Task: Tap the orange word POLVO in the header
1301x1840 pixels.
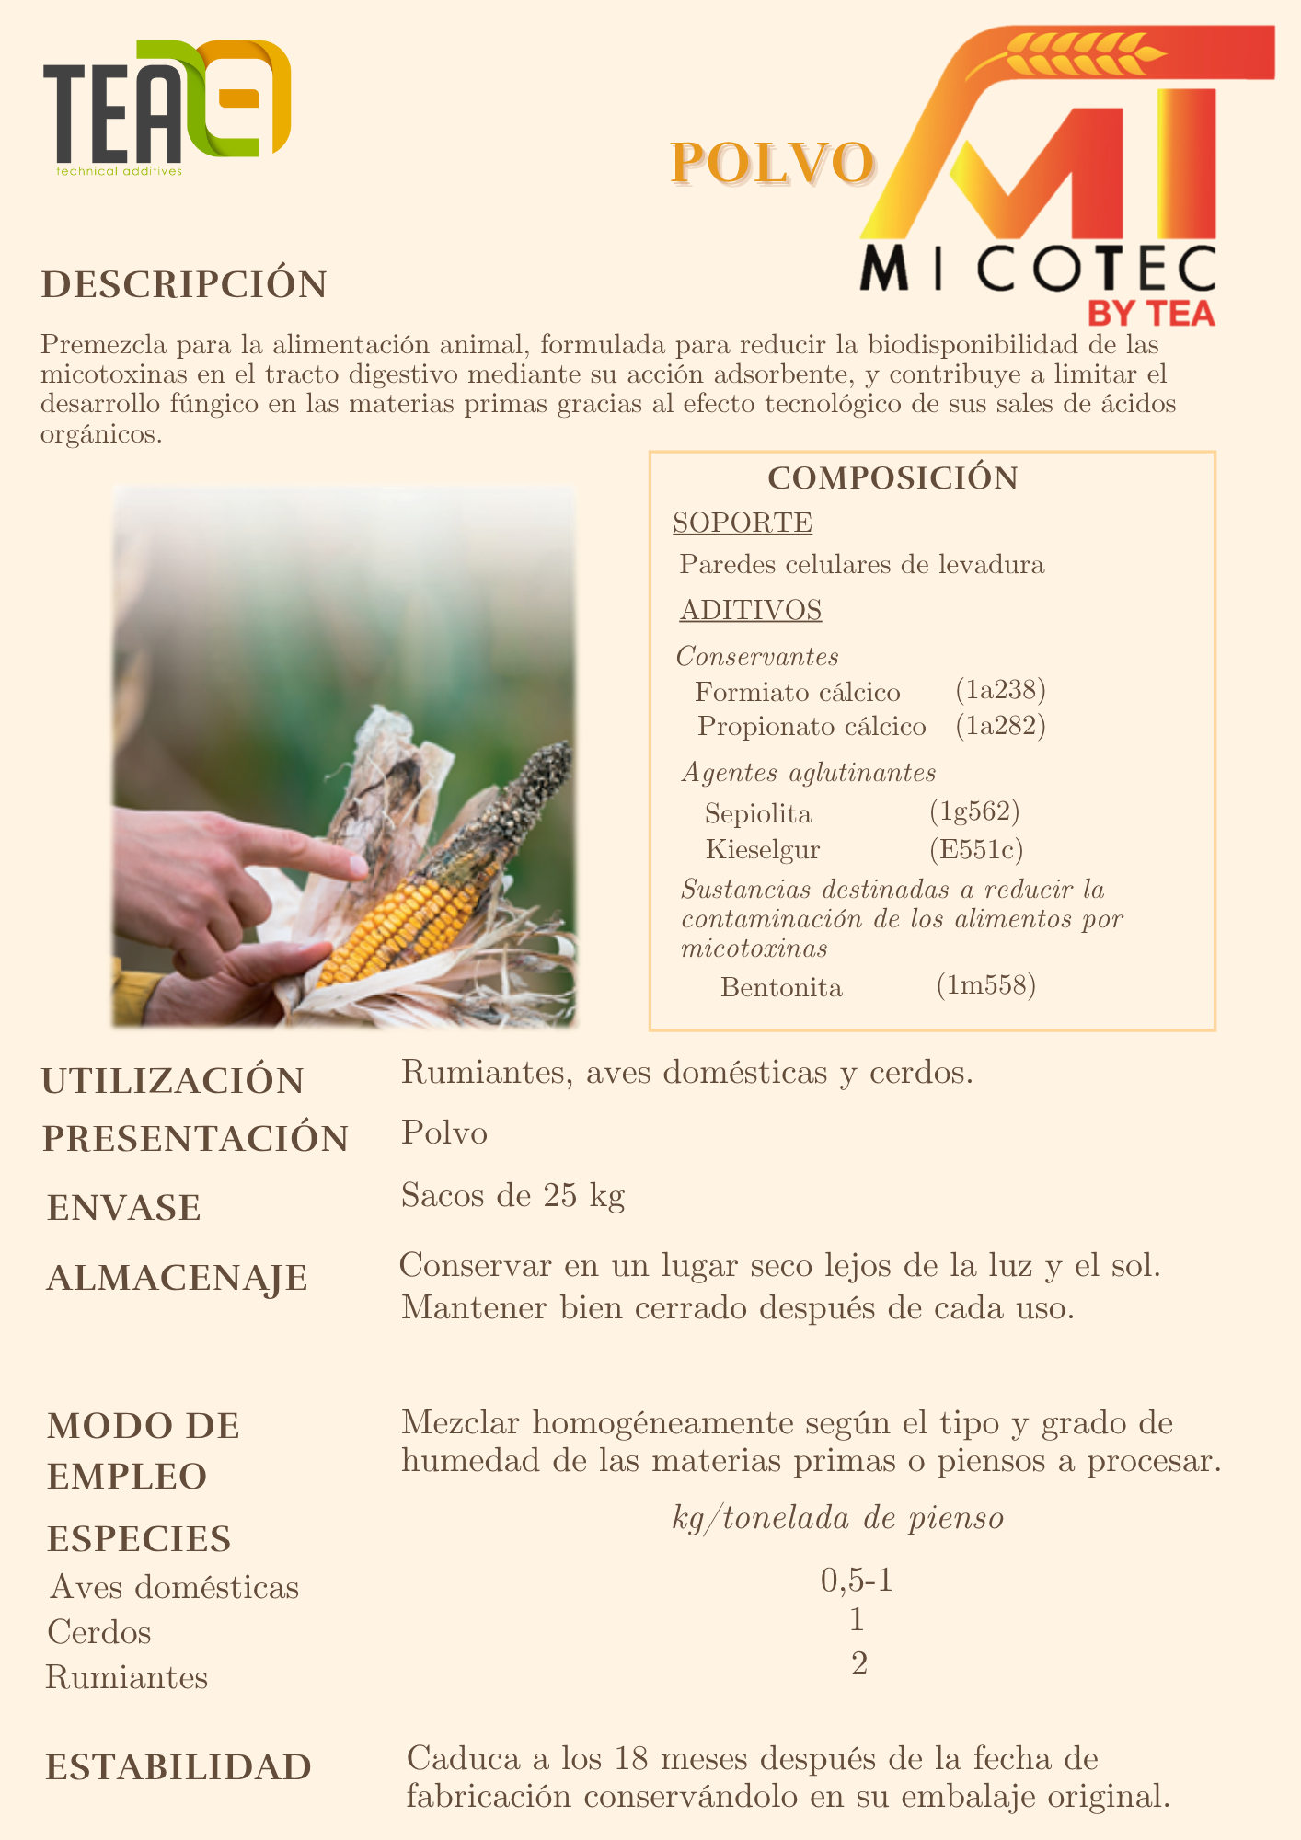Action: click(x=771, y=163)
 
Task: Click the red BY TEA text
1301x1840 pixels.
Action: click(x=1151, y=314)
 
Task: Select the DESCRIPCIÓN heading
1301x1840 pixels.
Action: click(x=184, y=284)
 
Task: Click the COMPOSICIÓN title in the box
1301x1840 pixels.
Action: click(x=892, y=478)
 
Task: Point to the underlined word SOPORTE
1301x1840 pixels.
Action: click(x=743, y=523)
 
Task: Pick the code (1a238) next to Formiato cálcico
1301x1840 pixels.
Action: click(x=1000, y=690)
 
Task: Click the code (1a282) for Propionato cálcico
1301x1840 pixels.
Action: click(x=1000, y=726)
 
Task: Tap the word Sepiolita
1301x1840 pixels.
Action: click(x=758, y=814)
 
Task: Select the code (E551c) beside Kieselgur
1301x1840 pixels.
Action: click(x=976, y=849)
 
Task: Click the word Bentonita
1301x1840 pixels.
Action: click(x=781, y=988)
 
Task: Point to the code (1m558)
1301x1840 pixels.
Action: click(x=986, y=986)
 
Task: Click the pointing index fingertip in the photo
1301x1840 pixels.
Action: click(x=356, y=865)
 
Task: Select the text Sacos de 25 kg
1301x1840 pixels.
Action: click(x=512, y=1195)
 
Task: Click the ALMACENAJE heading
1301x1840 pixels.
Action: click(x=177, y=1278)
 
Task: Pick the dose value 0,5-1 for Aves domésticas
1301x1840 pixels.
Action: click(x=857, y=1581)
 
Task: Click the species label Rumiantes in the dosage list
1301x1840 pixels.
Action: click(x=127, y=1678)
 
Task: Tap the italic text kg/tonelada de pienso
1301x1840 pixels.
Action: click(x=837, y=1518)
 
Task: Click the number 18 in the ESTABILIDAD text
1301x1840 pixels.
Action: click(x=631, y=1759)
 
